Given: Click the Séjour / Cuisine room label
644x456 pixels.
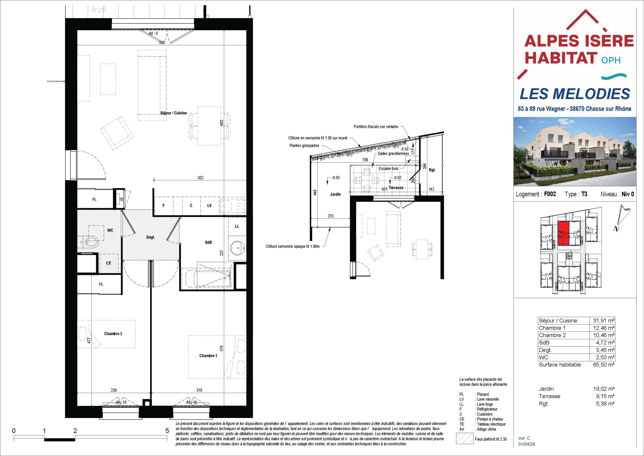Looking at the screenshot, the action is tap(173, 113).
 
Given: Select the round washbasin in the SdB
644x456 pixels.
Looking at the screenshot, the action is tap(237, 248).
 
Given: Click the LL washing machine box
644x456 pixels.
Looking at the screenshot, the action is tap(237, 226).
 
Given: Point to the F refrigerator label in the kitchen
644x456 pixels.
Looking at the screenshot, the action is tap(164, 205).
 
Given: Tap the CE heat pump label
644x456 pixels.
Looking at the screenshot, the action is tap(108, 263).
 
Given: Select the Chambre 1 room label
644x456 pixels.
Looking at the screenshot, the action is tap(208, 356).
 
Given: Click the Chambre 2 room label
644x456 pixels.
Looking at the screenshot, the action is tap(113, 334).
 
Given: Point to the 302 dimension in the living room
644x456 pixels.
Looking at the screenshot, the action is tap(200, 178).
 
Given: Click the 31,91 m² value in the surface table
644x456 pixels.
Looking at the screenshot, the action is tap(605, 321).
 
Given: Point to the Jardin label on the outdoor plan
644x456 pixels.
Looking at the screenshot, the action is tap(336, 194).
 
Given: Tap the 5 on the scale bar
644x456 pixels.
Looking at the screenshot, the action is tap(167, 431).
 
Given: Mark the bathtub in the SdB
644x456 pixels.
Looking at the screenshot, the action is tap(207, 277).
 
